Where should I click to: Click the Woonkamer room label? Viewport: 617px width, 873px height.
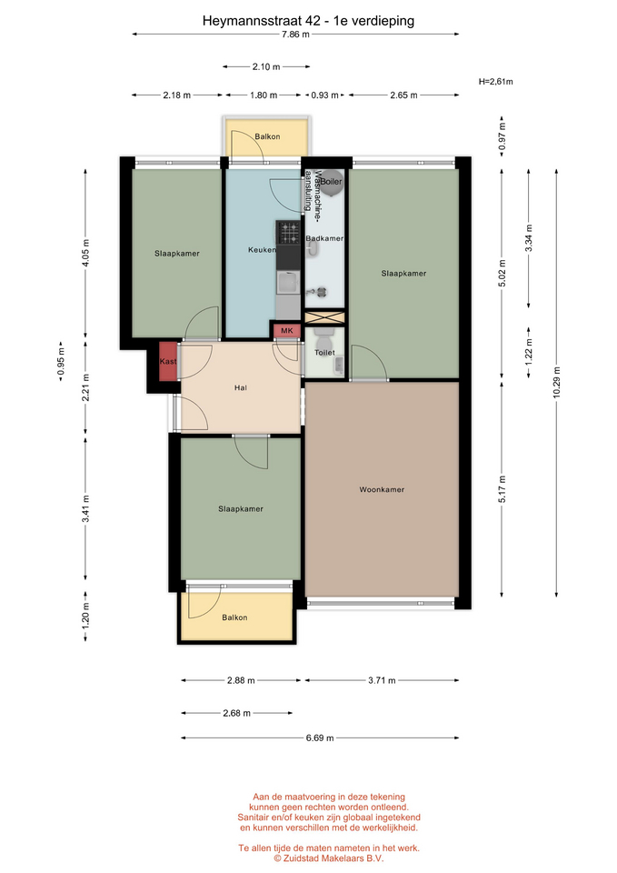(382, 490)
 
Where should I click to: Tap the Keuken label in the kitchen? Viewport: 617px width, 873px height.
(262, 250)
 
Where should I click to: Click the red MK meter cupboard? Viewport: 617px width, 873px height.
(286, 331)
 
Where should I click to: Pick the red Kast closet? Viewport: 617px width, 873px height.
(168, 361)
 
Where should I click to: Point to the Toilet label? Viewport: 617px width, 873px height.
(325, 353)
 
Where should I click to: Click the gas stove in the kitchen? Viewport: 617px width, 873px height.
(289, 233)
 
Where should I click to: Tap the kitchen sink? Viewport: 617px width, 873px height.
(288, 283)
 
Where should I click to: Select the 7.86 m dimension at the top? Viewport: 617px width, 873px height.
(295, 35)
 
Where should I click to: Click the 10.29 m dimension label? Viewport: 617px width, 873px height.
(557, 383)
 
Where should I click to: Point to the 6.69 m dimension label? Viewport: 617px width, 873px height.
(320, 738)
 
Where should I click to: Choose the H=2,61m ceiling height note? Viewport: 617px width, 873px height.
(496, 82)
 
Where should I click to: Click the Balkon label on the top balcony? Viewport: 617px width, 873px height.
(267, 136)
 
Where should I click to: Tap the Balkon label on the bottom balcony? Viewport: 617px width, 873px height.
(234, 617)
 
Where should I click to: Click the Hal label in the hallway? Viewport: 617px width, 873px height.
(240, 388)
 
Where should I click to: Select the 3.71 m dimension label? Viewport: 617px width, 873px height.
(382, 680)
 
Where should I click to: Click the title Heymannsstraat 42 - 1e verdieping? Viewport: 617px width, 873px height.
(308, 21)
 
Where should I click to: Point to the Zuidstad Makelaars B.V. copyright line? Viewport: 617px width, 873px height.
(328, 858)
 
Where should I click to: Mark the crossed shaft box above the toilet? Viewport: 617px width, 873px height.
(325, 317)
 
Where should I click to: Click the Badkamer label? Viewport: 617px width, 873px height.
(324, 238)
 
